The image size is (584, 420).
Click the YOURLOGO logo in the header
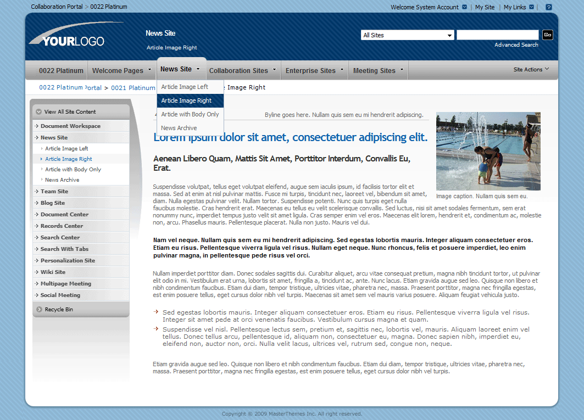67,36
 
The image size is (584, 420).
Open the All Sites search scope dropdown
407,35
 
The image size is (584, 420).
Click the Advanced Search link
516,45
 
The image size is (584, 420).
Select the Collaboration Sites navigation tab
238,71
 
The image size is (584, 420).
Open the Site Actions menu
531,70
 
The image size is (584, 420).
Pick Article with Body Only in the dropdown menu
190,114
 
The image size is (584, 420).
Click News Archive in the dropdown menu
179,128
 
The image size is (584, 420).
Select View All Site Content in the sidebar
70,112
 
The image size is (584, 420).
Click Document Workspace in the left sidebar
70,126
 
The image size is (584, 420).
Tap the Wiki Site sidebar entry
53,272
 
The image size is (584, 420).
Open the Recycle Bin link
59,310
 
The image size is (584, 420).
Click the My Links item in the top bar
515,7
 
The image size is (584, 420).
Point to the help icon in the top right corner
548,7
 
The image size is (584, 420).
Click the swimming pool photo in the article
488,151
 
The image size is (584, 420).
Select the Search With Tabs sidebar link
64,249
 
